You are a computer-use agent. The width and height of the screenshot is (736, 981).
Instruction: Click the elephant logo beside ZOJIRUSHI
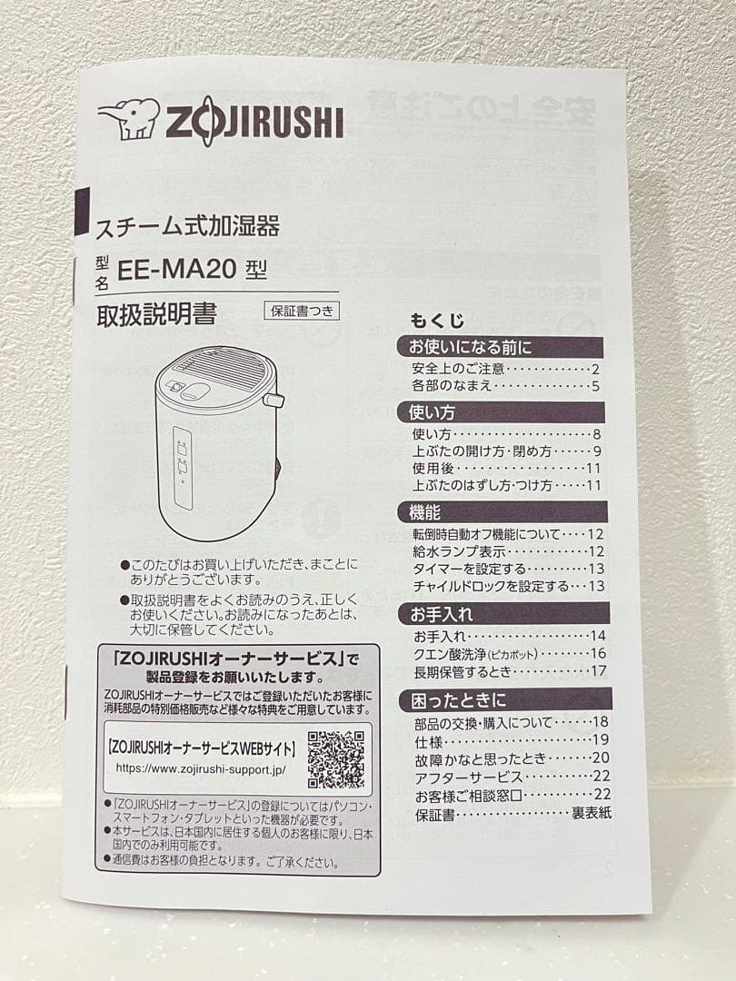pyautogui.click(x=128, y=119)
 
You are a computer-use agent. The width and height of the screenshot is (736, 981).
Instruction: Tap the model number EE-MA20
pyautogui.click(x=175, y=271)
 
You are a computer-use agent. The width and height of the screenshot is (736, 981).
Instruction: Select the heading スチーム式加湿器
pyautogui.click(x=188, y=226)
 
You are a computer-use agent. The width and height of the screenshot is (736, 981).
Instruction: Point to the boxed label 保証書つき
pyautogui.click(x=302, y=311)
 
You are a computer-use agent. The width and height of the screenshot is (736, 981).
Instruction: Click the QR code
pyautogui.click(x=336, y=759)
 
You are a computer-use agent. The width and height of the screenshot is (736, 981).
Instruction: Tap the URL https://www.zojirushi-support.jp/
pyautogui.click(x=201, y=768)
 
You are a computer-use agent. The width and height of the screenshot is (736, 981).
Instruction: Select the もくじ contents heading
pyautogui.click(x=437, y=321)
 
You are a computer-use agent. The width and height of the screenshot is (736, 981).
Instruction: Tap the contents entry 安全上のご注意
pyautogui.click(x=459, y=369)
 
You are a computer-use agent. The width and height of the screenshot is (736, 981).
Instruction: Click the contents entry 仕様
pyautogui.click(x=429, y=740)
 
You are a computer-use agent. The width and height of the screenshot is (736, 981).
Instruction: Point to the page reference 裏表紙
pyautogui.click(x=591, y=813)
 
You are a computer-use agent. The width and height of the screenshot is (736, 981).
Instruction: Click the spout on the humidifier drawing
pyautogui.click(x=274, y=400)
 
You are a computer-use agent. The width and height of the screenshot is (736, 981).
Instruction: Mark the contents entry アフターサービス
pyautogui.click(x=468, y=777)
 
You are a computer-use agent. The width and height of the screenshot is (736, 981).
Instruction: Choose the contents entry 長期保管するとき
pyautogui.click(x=463, y=671)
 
